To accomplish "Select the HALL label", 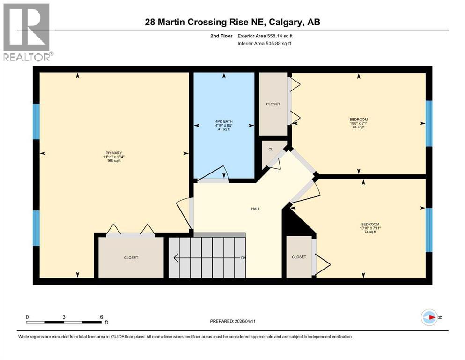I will (255, 209).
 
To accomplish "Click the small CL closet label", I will (271, 149).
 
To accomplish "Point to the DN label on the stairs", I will (244, 258).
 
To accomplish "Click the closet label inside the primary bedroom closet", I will (131, 258).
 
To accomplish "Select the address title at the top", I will (232, 22).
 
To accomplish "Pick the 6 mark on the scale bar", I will (101, 317).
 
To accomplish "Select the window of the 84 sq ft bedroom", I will (428, 123).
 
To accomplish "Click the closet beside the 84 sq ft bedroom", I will (273, 104).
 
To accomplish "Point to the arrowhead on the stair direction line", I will (176, 257).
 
